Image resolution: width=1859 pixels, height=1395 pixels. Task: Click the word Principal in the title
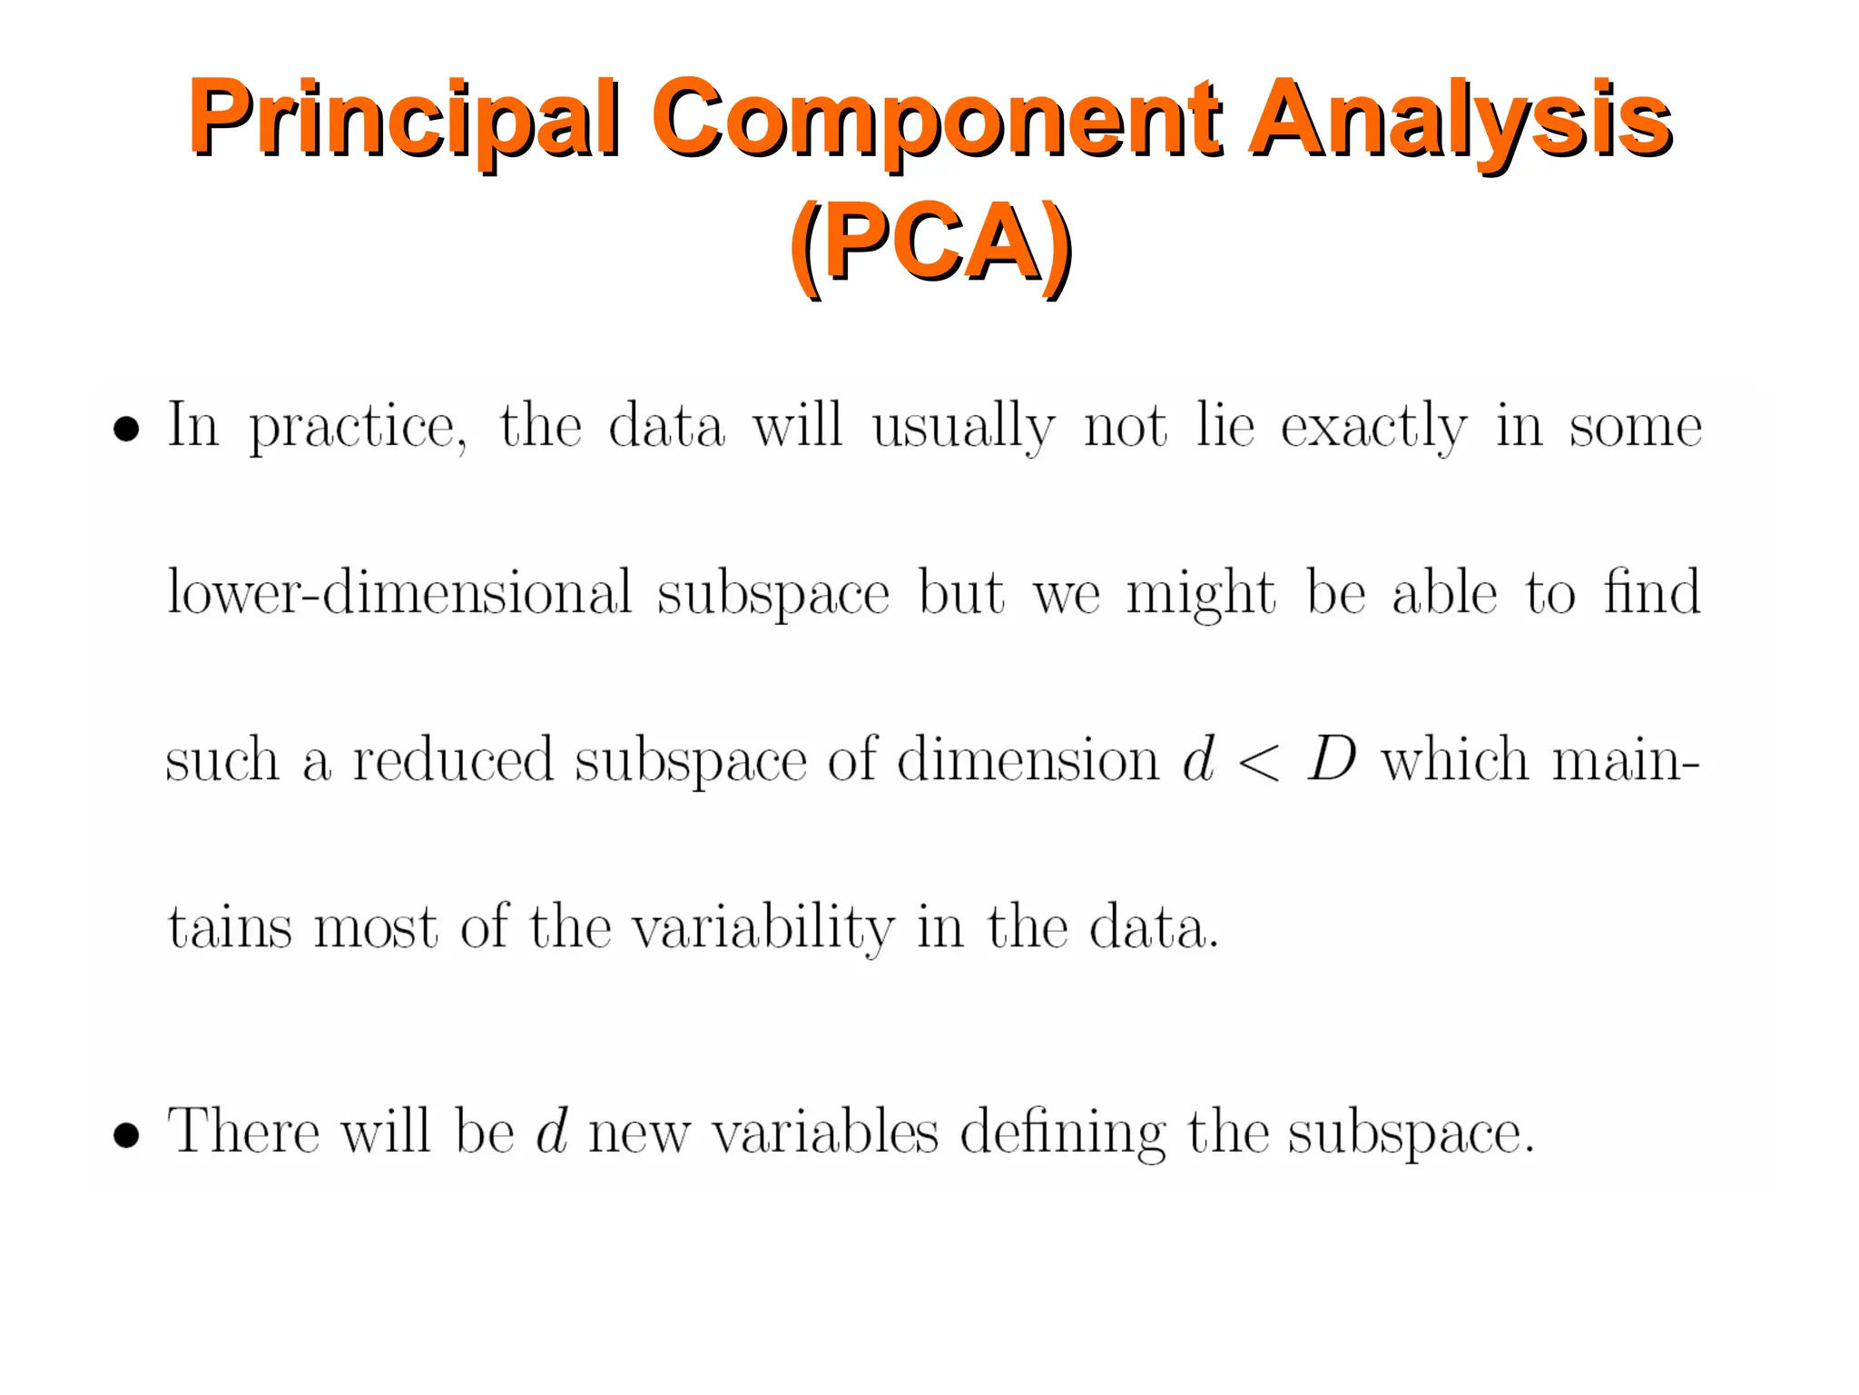click(x=405, y=118)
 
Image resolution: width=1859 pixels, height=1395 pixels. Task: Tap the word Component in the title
click(x=935, y=118)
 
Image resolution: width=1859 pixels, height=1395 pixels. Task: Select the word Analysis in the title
click(x=1459, y=118)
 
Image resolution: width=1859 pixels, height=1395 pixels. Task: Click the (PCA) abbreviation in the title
click(x=930, y=242)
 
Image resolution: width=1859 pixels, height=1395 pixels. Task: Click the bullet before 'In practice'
click(x=126, y=428)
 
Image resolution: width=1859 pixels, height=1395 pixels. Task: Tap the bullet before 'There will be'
click(x=126, y=1134)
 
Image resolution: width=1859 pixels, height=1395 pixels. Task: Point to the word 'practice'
click(x=358, y=427)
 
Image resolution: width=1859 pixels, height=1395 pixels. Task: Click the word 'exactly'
click(x=1372, y=427)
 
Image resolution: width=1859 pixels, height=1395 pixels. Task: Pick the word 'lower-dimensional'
click(x=399, y=593)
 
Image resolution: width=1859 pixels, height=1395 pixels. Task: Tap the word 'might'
click(x=1200, y=593)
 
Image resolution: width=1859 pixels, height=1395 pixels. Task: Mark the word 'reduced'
click(x=452, y=759)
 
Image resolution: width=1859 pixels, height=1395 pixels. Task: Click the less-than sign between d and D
click(x=1259, y=761)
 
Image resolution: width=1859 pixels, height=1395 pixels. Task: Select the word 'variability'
click(x=762, y=928)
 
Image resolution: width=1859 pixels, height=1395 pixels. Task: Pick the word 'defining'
click(x=1062, y=1133)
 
